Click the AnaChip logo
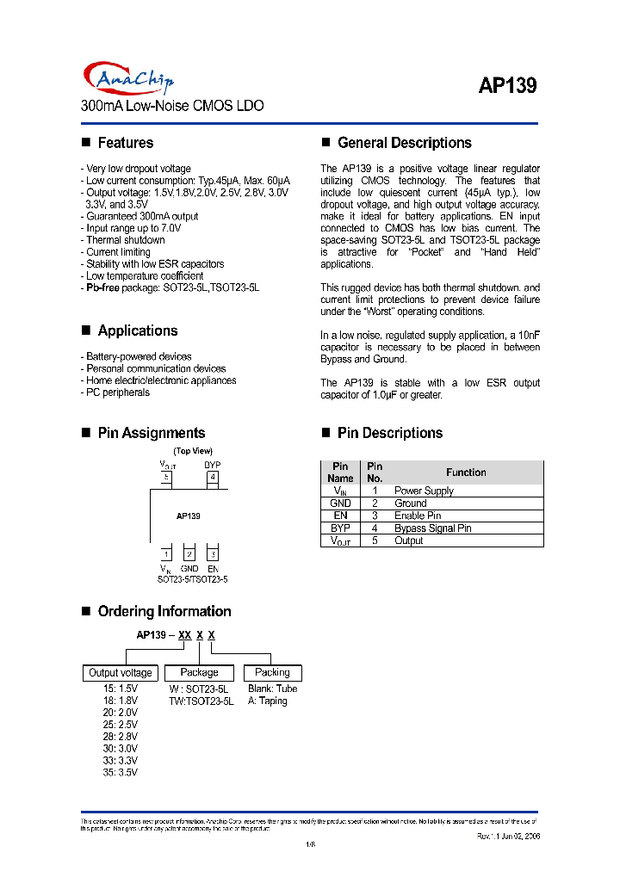pyautogui.click(x=128, y=79)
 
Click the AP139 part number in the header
pyautogui.click(x=507, y=86)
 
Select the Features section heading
pyautogui.click(x=125, y=143)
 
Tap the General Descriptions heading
pyautogui.click(x=404, y=143)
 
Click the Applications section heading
pyautogui.click(x=137, y=330)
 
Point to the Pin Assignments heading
pyautogui.click(x=151, y=433)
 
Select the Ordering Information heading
pyautogui.click(x=164, y=611)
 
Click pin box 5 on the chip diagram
pyautogui.click(x=166, y=477)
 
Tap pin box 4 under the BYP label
pyautogui.click(x=212, y=477)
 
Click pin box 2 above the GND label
pyautogui.click(x=189, y=554)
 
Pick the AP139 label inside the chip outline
pyautogui.click(x=189, y=516)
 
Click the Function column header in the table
pyautogui.click(x=466, y=473)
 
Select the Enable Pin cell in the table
pyautogui.click(x=418, y=516)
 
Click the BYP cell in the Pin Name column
pyautogui.click(x=340, y=528)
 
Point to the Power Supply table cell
pyautogui.click(x=424, y=491)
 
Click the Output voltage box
pyautogui.click(x=121, y=673)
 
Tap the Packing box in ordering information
pyautogui.click(x=273, y=672)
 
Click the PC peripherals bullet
pyautogui.click(x=117, y=392)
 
